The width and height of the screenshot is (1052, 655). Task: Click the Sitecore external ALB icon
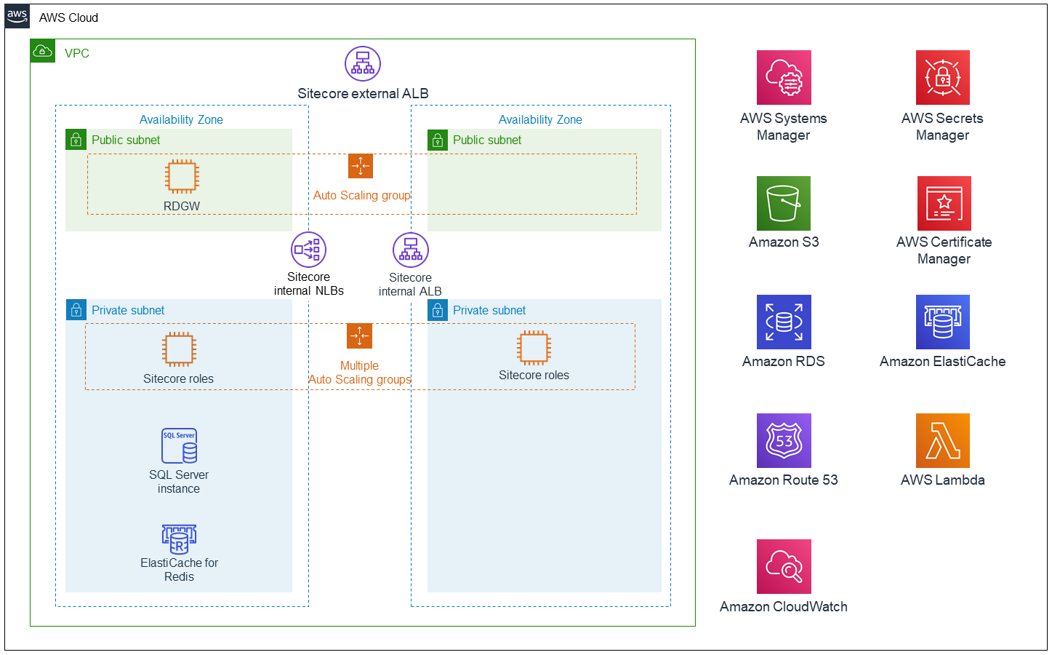click(363, 64)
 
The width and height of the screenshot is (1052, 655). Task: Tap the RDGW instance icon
click(182, 176)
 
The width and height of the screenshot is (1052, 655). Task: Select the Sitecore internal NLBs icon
click(308, 250)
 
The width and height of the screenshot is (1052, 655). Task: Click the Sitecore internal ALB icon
click(411, 250)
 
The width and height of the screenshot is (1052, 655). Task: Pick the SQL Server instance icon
click(179, 446)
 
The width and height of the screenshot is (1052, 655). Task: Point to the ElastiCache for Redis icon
click(179, 539)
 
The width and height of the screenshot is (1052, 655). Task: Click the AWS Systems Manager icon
click(784, 77)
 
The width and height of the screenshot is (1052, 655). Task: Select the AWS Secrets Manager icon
click(942, 77)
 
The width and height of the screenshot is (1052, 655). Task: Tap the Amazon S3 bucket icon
click(784, 203)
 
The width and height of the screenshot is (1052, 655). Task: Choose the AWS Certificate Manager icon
click(944, 203)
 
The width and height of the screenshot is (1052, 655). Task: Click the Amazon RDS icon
click(784, 322)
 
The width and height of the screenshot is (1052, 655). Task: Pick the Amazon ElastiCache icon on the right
click(942, 322)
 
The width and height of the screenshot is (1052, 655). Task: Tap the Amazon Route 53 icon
click(784, 440)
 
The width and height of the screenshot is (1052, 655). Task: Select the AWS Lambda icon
click(942, 440)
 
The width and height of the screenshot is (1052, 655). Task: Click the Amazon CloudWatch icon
click(784, 566)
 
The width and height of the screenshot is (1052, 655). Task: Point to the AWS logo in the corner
click(17, 16)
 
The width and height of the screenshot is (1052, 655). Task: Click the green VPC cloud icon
click(43, 51)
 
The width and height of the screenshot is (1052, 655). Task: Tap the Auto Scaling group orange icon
click(361, 166)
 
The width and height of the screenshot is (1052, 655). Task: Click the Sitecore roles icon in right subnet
click(534, 347)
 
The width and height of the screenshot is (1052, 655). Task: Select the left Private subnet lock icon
click(76, 310)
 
